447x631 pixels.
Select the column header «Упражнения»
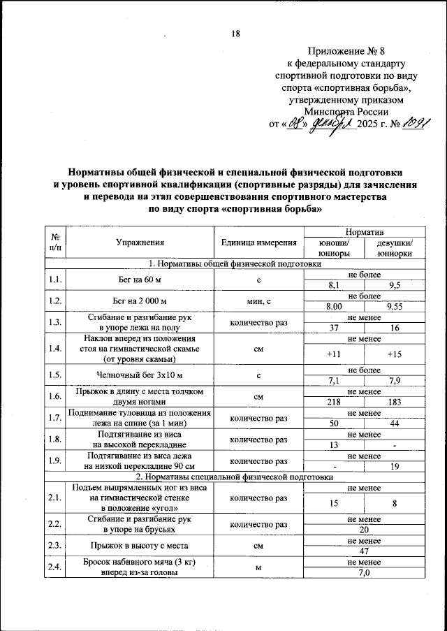[140, 242]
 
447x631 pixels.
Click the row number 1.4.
[54, 347]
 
